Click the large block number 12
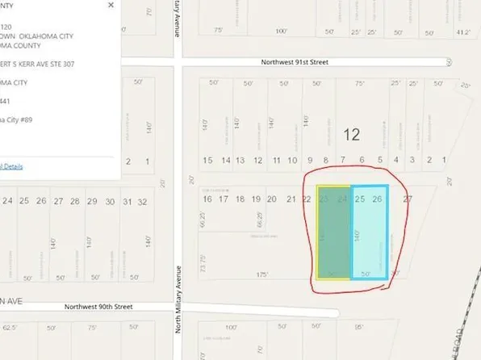click(x=350, y=134)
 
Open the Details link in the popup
click(x=11, y=166)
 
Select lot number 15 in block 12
click(x=207, y=161)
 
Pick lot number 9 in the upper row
click(x=310, y=161)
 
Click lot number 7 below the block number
click(x=343, y=161)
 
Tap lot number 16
click(x=207, y=199)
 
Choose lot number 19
click(x=256, y=199)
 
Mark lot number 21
click(x=291, y=199)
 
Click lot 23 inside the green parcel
click(x=324, y=199)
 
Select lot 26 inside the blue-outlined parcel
click(x=377, y=199)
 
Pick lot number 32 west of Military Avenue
click(x=143, y=201)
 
